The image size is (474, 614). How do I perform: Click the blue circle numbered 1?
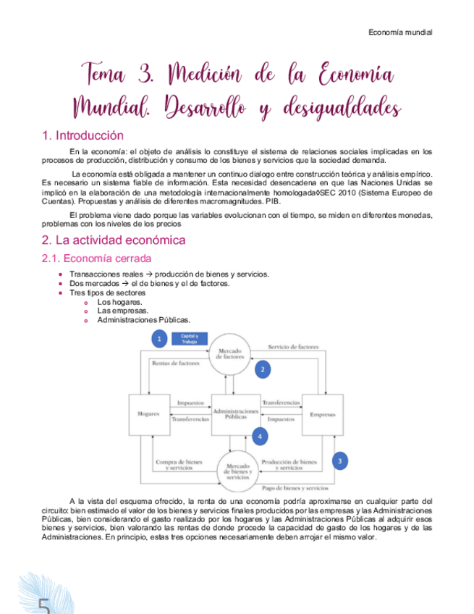coord(158,338)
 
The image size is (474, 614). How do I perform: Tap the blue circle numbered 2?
coord(263,369)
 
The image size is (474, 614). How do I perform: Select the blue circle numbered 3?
coord(340,459)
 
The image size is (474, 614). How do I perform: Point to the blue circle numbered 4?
coord(259,437)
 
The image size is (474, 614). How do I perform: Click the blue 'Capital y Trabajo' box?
coord(188,338)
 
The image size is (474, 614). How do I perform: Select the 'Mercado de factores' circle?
coord(230,354)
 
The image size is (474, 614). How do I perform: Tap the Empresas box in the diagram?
coord(322,414)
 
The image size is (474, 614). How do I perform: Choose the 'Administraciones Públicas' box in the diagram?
coord(235,414)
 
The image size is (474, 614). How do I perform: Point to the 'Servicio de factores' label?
coord(293,348)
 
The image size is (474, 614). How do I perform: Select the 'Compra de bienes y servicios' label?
coord(178,464)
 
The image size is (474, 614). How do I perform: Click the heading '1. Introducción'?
coord(82,135)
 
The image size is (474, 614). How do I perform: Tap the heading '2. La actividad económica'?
coord(114,240)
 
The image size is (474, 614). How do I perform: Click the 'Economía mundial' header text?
coord(400,32)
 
